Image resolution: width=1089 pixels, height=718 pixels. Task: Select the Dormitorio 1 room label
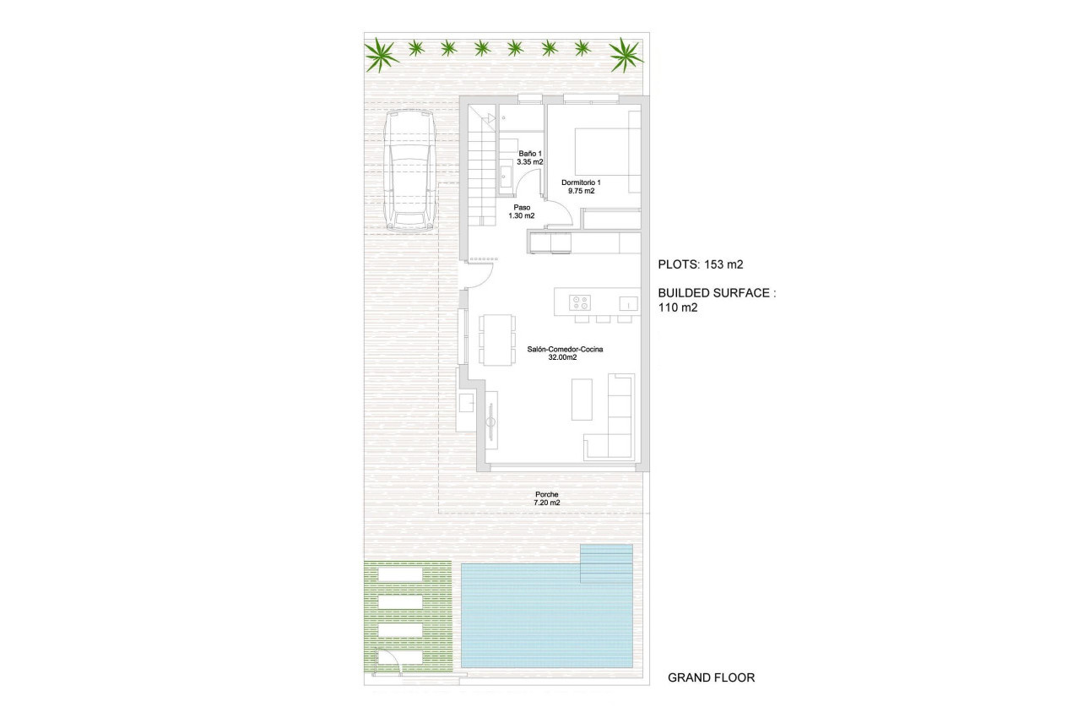(x=581, y=187)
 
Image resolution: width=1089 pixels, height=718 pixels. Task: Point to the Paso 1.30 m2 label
(x=522, y=211)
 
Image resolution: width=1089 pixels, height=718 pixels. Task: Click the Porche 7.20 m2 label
(x=547, y=498)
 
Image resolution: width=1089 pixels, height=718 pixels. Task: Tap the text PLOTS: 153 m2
(x=700, y=264)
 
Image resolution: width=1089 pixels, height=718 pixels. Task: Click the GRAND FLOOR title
(x=711, y=677)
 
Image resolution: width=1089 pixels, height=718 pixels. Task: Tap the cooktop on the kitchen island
(x=579, y=302)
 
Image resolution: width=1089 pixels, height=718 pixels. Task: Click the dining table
(x=496, y=340)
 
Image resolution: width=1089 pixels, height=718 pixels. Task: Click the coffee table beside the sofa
(x=582, y=400)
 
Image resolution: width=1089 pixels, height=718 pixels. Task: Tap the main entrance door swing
(x=479, y=276)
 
